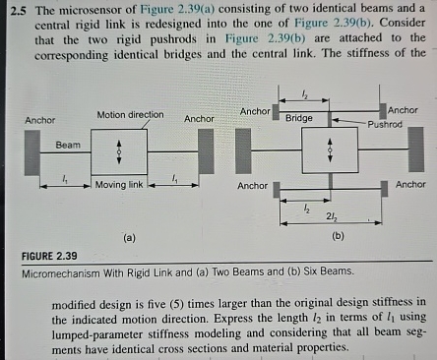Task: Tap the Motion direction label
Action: (130, 115)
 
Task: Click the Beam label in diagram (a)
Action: (67, 145)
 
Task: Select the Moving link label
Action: (119, 184)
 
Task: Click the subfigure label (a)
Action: (127, 237)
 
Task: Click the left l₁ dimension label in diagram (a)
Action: (65, 178)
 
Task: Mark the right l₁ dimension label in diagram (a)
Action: (174, 178)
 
